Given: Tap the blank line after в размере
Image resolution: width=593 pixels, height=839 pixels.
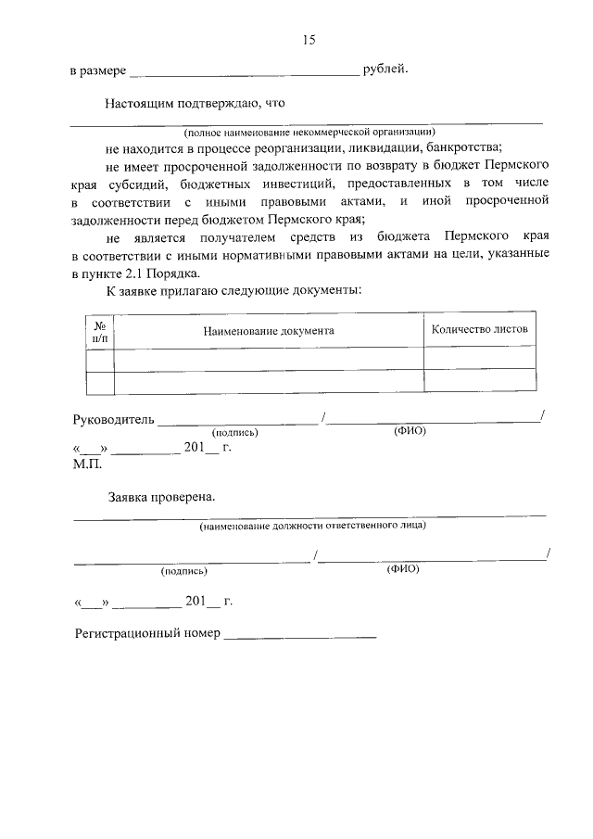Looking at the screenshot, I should click(244, 71).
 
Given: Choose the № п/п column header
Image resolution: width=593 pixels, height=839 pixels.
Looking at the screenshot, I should click(99, 331).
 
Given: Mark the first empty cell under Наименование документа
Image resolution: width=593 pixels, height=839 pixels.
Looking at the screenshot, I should click(269, 359).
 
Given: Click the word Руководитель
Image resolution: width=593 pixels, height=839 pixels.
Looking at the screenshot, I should click(112, 419).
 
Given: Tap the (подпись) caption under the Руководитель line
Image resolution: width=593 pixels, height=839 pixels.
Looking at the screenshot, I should click(235, 432).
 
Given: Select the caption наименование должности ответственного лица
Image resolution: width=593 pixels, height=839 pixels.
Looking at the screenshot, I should click(312, 526).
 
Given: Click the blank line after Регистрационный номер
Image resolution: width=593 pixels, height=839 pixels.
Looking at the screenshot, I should click(300, 634).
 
